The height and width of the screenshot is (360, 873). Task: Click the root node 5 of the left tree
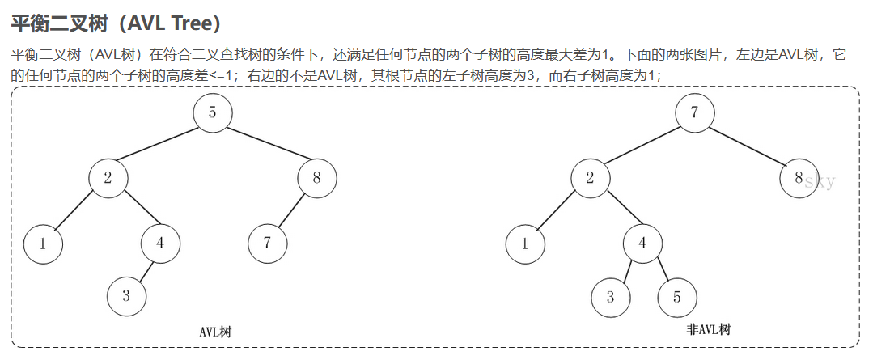coord(212,113)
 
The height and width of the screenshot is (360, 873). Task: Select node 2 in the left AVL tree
coord(108,179)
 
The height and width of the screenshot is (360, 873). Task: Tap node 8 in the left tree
coord(316,179)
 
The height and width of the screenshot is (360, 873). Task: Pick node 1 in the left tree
coord(43,244)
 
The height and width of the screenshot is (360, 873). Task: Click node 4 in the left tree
coord(161,244)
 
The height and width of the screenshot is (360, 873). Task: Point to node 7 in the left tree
coord(267,244)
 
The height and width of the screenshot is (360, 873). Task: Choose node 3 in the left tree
coord(126,296)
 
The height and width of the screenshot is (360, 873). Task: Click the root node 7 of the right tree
coord(694,113)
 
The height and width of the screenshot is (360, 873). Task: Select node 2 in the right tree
coord(591,179)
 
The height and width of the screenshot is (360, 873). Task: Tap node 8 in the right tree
coord(799,179)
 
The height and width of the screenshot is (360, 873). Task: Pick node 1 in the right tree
coord(525,244)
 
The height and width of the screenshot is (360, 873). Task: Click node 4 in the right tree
coord(643,244)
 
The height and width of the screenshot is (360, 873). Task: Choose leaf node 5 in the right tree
coord(676,296)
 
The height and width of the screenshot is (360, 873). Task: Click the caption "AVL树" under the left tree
coord(215,332)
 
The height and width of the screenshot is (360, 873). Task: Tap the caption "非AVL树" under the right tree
coord(708,330)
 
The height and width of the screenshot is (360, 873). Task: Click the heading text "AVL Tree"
coord(165,23)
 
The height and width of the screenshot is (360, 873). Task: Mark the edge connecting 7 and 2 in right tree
coord(642,146)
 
